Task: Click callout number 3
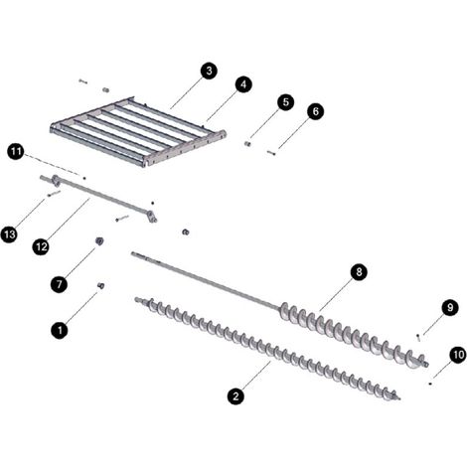point(209,71)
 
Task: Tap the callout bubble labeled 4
point(243,84)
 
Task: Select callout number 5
point(286,102)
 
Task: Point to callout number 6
point(315,111)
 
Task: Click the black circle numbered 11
point(16,152)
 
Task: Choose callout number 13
point(10,234)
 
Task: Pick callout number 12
point(41,246)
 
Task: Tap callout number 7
point(60,284)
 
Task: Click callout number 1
point(60,330)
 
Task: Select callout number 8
point(359,272)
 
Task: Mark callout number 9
point(450,308)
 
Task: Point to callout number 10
point(458,355)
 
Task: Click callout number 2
point(235,396)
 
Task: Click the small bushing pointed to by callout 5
point(247,144)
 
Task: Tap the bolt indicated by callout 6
point(271,153)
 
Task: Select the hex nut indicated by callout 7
point(99,241)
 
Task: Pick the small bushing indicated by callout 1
point(100,285)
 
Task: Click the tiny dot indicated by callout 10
point(430,384)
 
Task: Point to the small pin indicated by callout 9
point(418,338)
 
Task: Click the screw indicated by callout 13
point(54,194)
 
